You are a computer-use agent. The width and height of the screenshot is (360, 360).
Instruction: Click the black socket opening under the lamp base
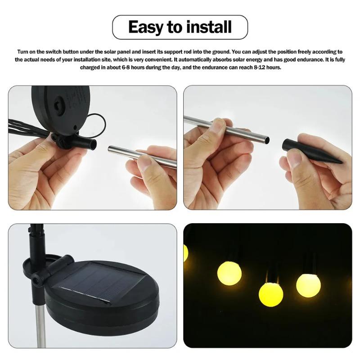(94, 144)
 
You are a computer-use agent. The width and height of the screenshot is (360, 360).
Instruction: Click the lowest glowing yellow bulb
(270, 293)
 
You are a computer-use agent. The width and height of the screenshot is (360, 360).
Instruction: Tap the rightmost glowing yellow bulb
(308, 284)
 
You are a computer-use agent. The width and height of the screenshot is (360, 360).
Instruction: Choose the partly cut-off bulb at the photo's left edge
(185, 253)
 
